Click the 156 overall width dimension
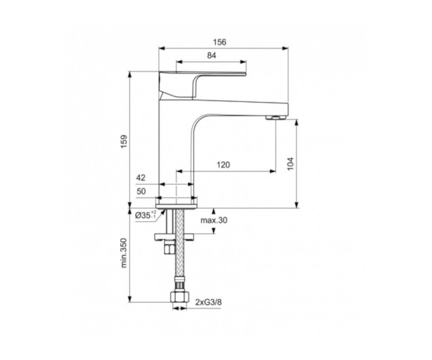point(220,42)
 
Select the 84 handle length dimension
point(211,56)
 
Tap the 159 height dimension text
point(124,141)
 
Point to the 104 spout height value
point(291,164)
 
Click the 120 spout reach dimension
point(223,165)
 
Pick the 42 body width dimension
point(141,177)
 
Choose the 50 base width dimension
point(141,192)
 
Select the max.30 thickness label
point(214,220)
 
